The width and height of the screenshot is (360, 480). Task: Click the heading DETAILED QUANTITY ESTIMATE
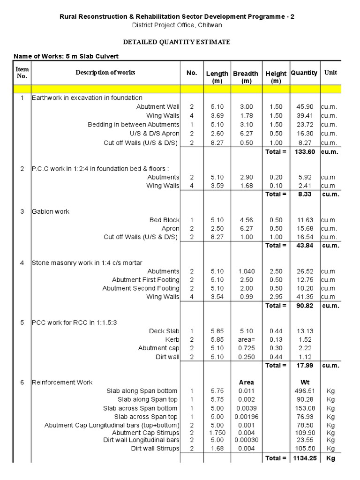176,42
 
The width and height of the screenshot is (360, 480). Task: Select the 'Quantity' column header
304,73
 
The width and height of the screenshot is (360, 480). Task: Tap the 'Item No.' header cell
22,73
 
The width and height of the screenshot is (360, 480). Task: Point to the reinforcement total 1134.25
304,458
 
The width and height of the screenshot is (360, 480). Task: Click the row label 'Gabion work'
51,211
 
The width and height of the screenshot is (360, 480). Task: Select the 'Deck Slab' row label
164,331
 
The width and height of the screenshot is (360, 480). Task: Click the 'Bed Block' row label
165,220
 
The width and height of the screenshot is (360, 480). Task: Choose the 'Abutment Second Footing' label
141,288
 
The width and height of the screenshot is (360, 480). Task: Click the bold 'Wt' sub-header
304,382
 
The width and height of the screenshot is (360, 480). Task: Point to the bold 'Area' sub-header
246,382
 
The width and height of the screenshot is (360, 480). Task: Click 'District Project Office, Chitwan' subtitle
177,25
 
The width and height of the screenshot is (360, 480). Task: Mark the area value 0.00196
246,417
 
